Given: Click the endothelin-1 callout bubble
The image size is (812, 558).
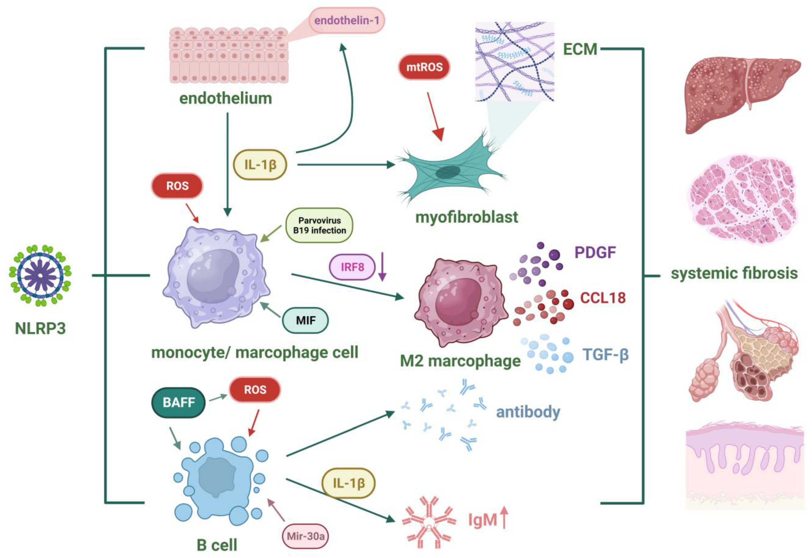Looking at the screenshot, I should (x=346, y=21).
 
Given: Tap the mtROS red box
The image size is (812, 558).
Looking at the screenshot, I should (x=424, y=67).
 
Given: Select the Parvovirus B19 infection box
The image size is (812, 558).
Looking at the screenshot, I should (x=319, y=226).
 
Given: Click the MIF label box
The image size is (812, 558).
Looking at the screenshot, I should (x=305, y=320).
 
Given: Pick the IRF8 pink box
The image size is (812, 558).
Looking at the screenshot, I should (x=352, y=267).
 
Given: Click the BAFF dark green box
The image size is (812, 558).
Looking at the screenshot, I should (x=178, y=402).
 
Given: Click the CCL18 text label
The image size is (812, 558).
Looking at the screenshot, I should (x=603, y=298).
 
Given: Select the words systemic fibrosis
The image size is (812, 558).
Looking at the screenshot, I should (x=734, y=273).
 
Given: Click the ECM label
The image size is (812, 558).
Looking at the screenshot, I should (x=580, y=49).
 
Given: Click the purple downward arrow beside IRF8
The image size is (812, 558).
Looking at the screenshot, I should (x=382, y=266).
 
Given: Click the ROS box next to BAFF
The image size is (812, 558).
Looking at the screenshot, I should (x=255, y=390).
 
